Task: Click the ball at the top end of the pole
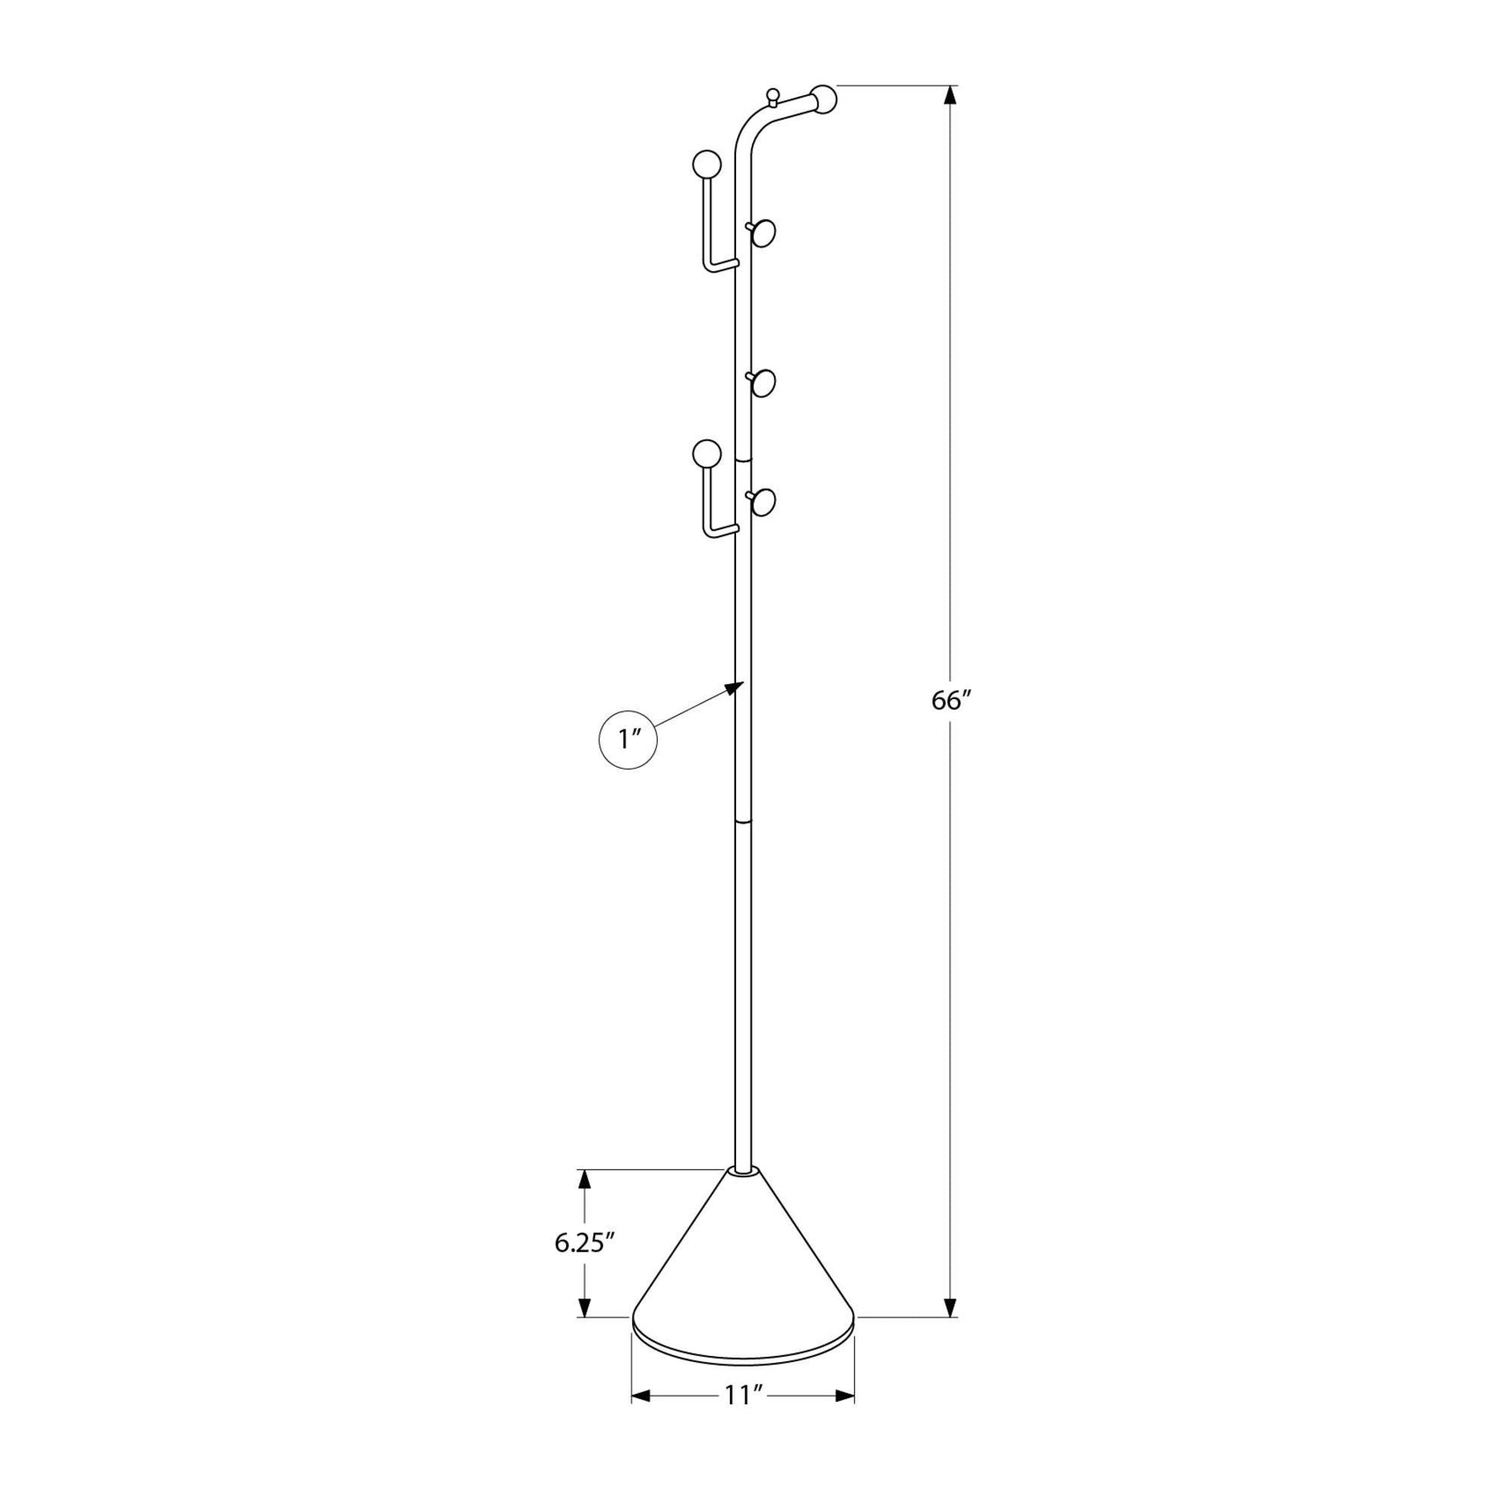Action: (x=824, y=99)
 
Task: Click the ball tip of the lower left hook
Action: (x=707, y=453)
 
